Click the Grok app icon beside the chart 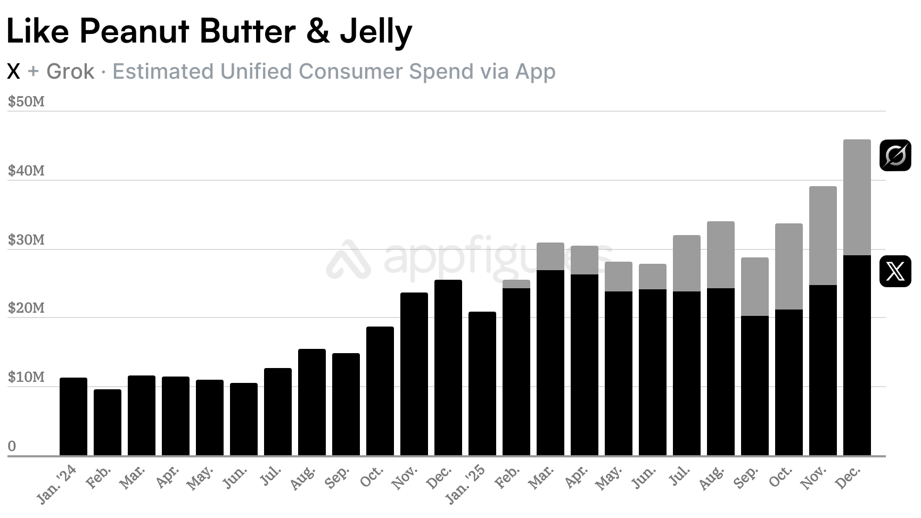tap(895, 155)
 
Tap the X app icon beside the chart tap(895, 271)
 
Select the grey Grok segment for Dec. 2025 tap(857, 197)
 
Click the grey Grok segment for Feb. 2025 tap(516, 284)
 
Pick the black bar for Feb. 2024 tap(107, 422)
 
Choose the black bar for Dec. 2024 tap(448, 367)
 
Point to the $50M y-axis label tap(26, 102)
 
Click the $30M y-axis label tap(26, 240)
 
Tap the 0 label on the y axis tap(12, 446)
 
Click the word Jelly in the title tap(376, 32)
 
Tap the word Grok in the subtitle tap(70, 71)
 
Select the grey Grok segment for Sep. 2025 tap(754, 287)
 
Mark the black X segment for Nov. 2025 tap(823, 370)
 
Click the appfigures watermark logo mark tap(348, 259)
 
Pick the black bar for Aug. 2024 tap(311, 402)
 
